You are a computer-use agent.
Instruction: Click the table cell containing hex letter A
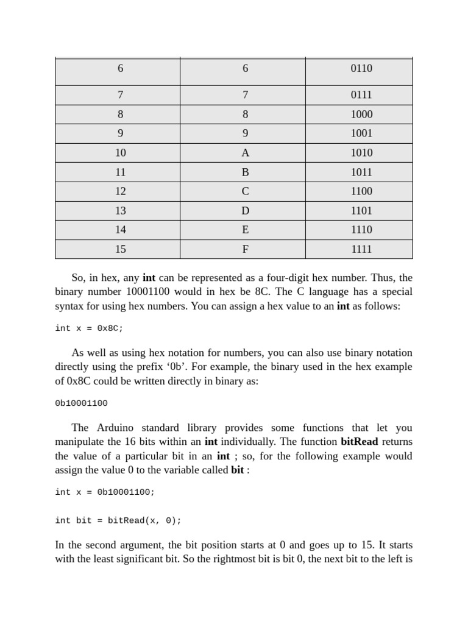(x=245, y=153)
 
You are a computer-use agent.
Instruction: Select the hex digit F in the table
(x=245, y=249)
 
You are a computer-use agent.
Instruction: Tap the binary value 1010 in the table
(x=361, y=153)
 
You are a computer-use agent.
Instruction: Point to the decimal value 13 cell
(x=120, y=211)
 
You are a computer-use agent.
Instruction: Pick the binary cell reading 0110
(x=361, y=68)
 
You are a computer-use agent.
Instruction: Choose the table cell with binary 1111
(x=361, y=249)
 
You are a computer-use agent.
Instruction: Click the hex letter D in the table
(x=245, y=211)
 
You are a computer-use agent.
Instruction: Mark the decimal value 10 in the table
(x=120, y=153)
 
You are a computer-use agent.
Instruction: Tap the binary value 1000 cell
(x=361, y=115)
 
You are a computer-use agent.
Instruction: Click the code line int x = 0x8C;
(x=89, y=328)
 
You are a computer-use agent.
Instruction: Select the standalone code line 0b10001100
(x=81, y=403)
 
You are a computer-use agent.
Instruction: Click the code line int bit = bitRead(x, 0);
(x=118, y=520)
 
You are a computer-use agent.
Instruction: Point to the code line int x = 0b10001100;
(x=105, y=492)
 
